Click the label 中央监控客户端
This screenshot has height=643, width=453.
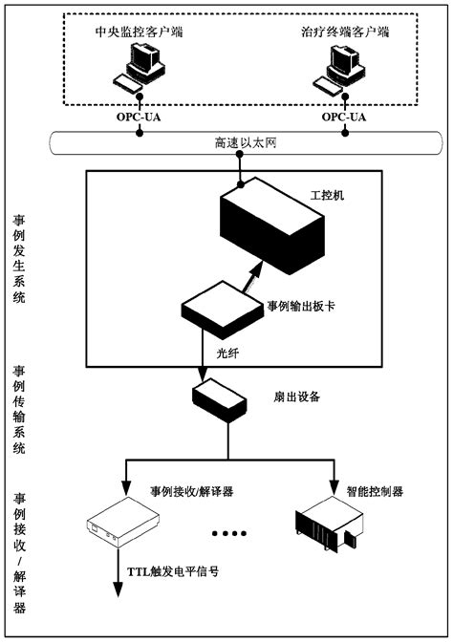pyautogui.click(x=140, y=32)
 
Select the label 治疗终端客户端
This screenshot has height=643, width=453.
pyautogui.click(x=345, y=32)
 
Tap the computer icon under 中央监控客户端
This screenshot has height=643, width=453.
pyautogui.click(x=139, y=67)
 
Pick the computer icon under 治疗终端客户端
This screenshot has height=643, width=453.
pyautogui.click(x=338, y=68)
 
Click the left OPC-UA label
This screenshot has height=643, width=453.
pyautogui.click(x=139, y=118)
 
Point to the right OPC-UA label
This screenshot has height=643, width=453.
pyautogui.click(x=344, y=118)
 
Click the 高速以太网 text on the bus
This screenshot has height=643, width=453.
pyautogui.click(x=246, y=142)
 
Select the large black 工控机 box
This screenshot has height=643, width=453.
pyautogui.click(x=272, y=225)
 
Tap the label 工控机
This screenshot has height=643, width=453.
pyautogui.click(x=327, y=195)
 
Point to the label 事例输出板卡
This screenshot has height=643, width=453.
pyautogui.click(x=301, y=306)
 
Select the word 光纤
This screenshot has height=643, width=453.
pyautogui.click(x=227, y=354)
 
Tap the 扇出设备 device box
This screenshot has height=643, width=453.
pyautogui.click(x=220, y=400)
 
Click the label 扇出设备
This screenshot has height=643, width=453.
pyautogui.click(x=296, y=397)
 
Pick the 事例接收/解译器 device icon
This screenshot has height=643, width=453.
pyautogui.click(x=122, y=522)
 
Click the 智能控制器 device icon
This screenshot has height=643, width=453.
pyautogui.click(x=330, y=523)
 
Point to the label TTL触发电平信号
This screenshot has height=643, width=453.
pyautogui.click(x=173, y=571)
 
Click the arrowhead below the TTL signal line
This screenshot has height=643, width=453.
pyautogui.click(x=119, y=589)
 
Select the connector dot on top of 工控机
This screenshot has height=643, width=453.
pyautogui.click(x=241, y=185)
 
